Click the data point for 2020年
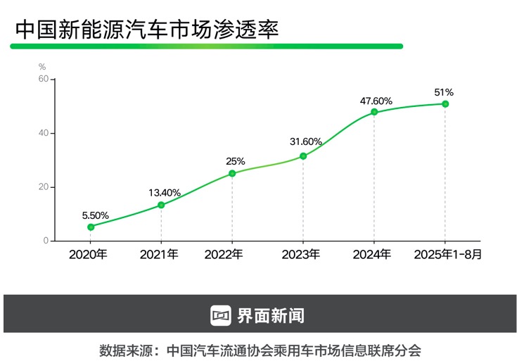tap(91, 227)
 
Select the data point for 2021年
tap(161, 205)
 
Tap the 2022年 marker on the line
tap(232, 173)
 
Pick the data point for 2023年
tap(303, 156)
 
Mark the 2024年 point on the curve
tap(374, 112)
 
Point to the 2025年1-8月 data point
tap(445, 104)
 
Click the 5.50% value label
tap(95, 215)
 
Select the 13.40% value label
tap(165, 193)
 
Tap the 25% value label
tap(236, 161)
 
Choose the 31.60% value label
tap(306, 142)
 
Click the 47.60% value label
tap(376, 101)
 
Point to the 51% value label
tap(444, 92)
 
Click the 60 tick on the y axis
tap(44, 79)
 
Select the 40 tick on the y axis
tap(44, 133)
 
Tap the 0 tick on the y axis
tap(46, 241)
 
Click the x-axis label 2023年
tap(300, 255)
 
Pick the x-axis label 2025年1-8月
tap(448, 255)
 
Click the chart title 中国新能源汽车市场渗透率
tap(146, 30)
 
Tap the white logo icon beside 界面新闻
tap(221, 315)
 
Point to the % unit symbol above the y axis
tap(42, 66)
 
